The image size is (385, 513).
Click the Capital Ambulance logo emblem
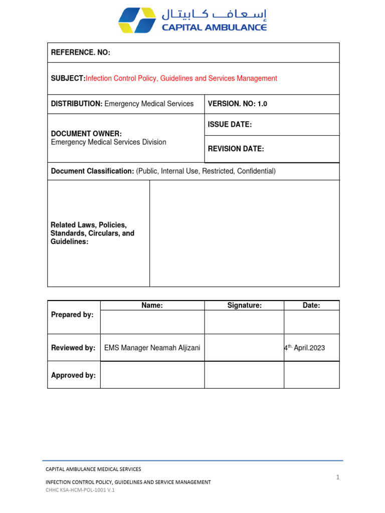pos(137,20)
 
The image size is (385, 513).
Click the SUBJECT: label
pos(68,78)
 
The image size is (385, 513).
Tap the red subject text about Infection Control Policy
pos(181,78)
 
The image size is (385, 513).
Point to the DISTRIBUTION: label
pos(77,104)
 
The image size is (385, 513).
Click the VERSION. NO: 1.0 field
pos(238,104)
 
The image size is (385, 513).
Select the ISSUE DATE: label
pos(230,125)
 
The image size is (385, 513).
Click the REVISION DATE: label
pos(236,149)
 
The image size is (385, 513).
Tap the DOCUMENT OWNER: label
pos(86,133)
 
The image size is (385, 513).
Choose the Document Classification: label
pos(92,171)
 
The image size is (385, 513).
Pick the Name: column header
pos(152,306)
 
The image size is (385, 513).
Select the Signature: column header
pos(244,306)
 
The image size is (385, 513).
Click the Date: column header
pos(311,306)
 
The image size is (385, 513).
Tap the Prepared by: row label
pos(72,315)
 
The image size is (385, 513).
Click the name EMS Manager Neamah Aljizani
pos(152,348)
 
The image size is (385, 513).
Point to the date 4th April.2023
pos(304,348)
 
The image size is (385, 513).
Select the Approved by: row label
pos(73,375)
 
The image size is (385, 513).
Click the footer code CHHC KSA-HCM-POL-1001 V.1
pos(80,490)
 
